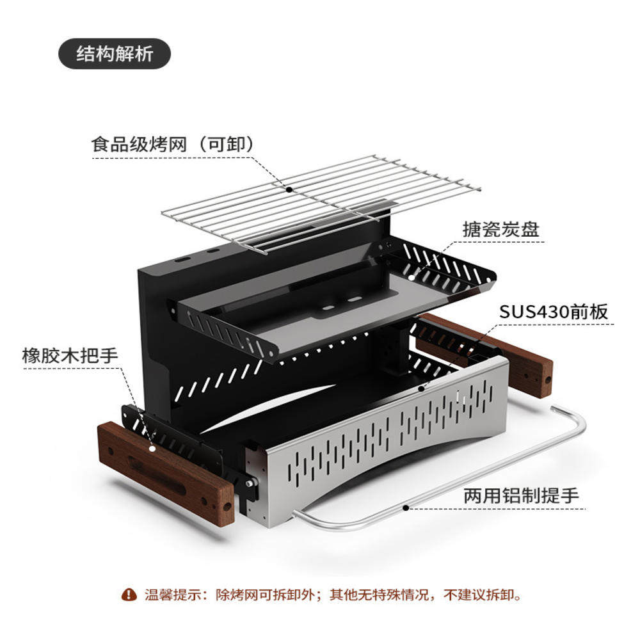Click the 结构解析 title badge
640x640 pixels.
[115, 54]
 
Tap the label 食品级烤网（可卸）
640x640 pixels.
[173, 144]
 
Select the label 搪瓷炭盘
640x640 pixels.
[501, 229]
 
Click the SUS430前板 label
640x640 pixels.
[553, 312]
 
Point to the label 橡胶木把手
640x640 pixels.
[70, 355]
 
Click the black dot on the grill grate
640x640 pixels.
[289, 189]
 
